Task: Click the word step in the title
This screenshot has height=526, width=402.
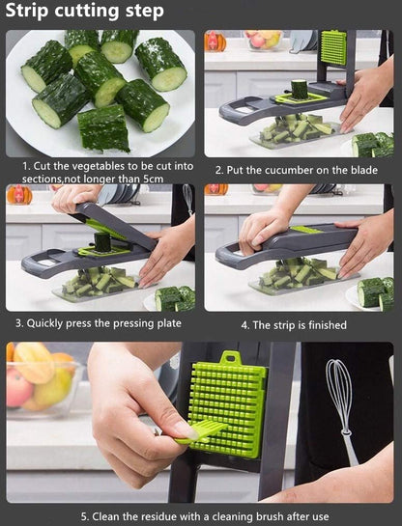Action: pyautogui.click(x=141, y=13)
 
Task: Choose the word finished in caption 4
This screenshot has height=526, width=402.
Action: pyautogui.click(x=321, y=325)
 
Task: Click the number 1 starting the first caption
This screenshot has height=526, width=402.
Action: pyautogui.click(x=26, y=167)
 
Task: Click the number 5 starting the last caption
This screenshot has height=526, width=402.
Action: pyautogui.click(x=84, y=515)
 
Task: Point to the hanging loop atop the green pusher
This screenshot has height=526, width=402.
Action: pyautogui.click(x=229, y=358)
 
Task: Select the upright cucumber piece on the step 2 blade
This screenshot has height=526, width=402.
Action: pyautogui.click(x=300, y=89)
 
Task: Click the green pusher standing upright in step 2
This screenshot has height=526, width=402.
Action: pyautogui.click(x=332, y=48)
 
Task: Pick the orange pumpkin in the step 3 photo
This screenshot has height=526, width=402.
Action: pyautogui.click(x=18, y=195)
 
